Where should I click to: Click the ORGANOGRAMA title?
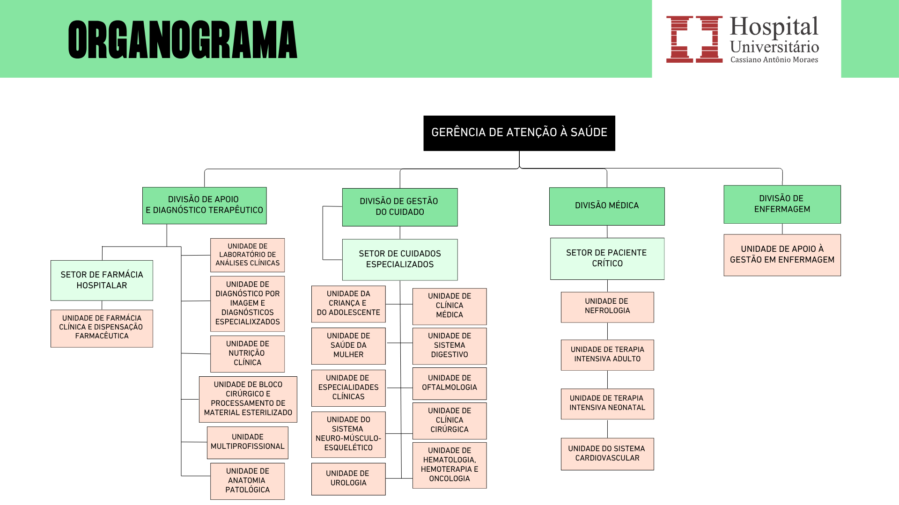tap(183, 40)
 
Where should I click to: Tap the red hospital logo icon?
tap(694, 39)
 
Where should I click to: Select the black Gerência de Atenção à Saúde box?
tap(519, 133)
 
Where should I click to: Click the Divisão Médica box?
tap(606, 206)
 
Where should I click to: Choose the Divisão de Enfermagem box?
tap(781, 204)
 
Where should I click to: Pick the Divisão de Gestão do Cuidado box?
tap(399, 207)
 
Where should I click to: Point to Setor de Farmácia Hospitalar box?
tap(102, 280)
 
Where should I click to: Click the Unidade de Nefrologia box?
tap(607, 307)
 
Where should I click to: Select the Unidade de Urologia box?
tap(348, 478)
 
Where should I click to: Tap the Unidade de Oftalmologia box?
tap(449, 383)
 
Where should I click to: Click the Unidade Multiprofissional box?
tap(247, 442)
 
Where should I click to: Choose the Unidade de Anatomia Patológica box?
tap(247, 481)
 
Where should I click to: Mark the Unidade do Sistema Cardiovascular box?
tap(607, 454)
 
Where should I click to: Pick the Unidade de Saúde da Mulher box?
tap(348, 345)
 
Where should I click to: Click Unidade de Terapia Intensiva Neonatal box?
tap(607, 403)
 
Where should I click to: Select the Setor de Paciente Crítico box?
tap(607, 258)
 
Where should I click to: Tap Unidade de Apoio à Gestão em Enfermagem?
tap(781, 255)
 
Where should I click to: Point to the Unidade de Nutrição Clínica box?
tap(247, 353)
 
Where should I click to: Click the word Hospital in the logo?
tap(774, 27)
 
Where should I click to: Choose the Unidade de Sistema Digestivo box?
tap(449, 345)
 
